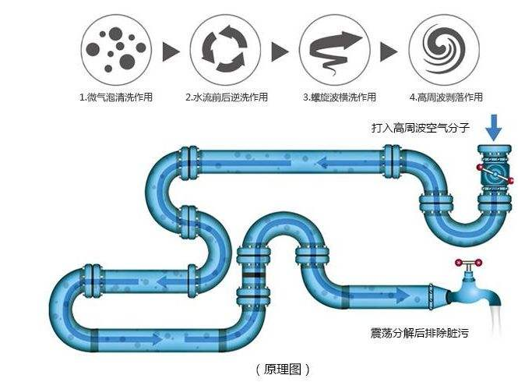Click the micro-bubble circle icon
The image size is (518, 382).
(115, 50)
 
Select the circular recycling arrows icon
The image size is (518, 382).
(223, 50)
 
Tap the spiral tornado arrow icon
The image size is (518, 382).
(333, 50)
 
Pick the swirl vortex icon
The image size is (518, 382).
(442, 50)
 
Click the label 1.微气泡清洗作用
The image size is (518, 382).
(115, 97)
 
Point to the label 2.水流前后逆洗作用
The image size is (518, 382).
(226, 97)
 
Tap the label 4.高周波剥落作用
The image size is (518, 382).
(446, 97)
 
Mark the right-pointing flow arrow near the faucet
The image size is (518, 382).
(393, 295)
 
